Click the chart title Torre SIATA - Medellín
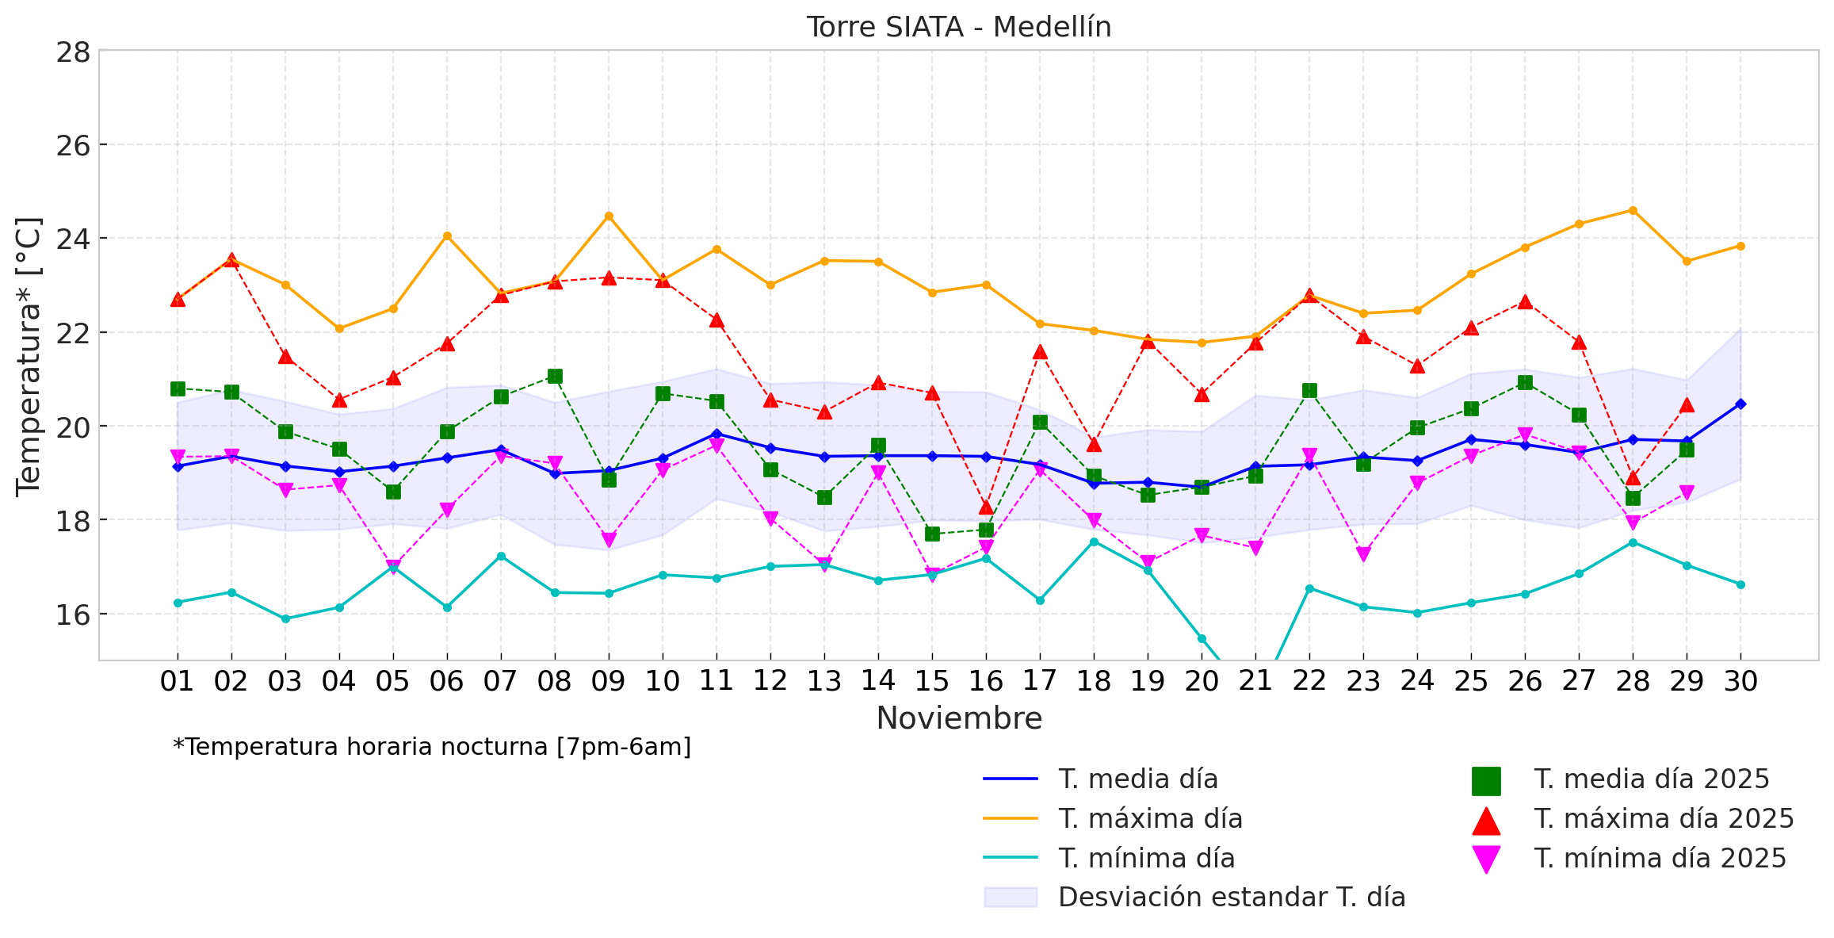tap(958, 28)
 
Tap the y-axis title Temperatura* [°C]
tap(29, 356)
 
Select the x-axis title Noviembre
tap(958, 718)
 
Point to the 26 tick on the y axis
tap(73, 146)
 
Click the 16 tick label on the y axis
tap(73, 615)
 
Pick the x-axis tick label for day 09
tap(608, 681)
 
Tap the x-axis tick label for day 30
tap(1740, 681)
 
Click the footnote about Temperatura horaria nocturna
tap(432, 747)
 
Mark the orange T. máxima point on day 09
tap(609, 216)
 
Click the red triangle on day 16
tap(986, 507)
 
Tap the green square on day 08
tap(555, 376)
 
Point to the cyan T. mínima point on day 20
tap(1202, 638)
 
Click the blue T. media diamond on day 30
tap(1740, 404)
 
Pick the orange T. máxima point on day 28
tap(1633, 210)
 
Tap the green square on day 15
tap(932, 534)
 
